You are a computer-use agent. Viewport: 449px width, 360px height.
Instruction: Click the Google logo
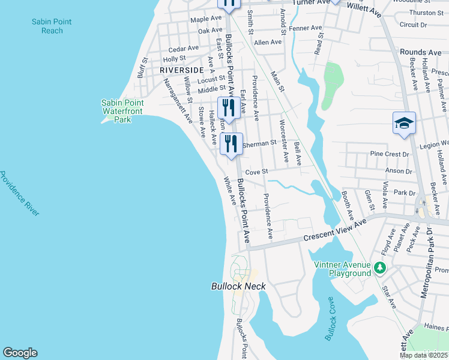tap(20, 353)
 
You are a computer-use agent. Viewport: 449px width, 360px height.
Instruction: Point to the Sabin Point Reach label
tap(52, 26)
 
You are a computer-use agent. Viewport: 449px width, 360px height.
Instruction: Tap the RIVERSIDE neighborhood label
tap(182, 70)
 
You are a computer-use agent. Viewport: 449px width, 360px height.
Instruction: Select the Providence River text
tap(19, 194)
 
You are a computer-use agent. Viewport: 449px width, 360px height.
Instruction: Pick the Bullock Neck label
tap(238, 286)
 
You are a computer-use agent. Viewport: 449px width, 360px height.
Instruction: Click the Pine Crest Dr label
tap(389, 154)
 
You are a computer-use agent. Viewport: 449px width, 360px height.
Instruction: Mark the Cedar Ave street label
tap(183, 49)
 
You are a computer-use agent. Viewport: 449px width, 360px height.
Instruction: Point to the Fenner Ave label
tap(305, 28)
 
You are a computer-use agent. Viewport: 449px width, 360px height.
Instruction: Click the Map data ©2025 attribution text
tap(423, 355)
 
